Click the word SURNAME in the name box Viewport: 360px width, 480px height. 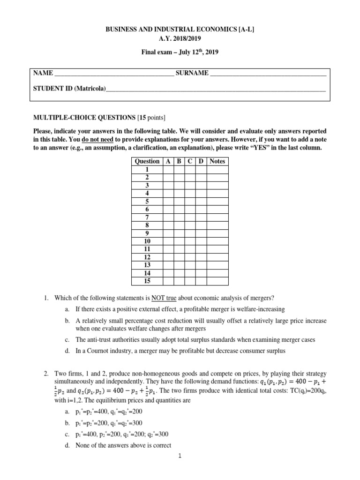click(x=192, y=74)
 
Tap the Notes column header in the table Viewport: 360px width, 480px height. click(x=217, y=161)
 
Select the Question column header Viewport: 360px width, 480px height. click(x=147, y=161)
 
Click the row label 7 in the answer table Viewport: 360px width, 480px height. click(x=147, y=217)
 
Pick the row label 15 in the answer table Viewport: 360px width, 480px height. click(x=147, y=281)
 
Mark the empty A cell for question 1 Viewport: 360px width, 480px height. click(x=168, y=169)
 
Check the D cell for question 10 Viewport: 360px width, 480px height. click(x=201, y=241)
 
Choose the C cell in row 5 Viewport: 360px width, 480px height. click(x=190, y=201)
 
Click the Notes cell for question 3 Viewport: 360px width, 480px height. click(x=217, y=185)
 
